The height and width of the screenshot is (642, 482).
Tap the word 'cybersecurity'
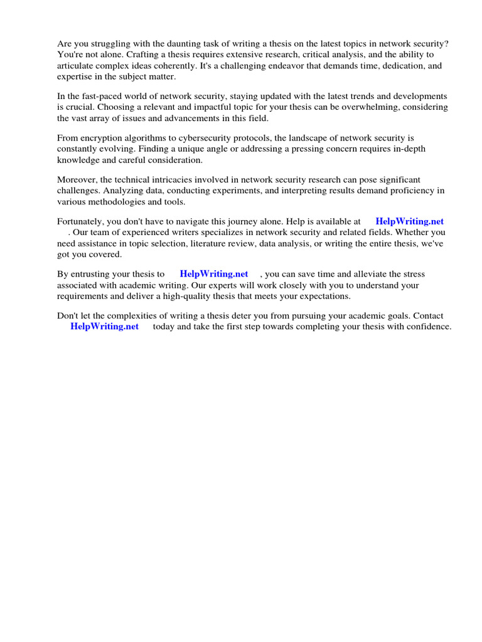(x=201, y=138)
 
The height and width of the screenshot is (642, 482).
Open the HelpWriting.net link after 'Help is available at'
(x=409, y=221)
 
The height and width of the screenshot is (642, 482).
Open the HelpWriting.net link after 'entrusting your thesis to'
(x=214, y=274)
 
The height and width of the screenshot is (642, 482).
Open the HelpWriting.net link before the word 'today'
(x=104, y=327)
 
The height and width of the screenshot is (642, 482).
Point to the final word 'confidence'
(x=429, y=327)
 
